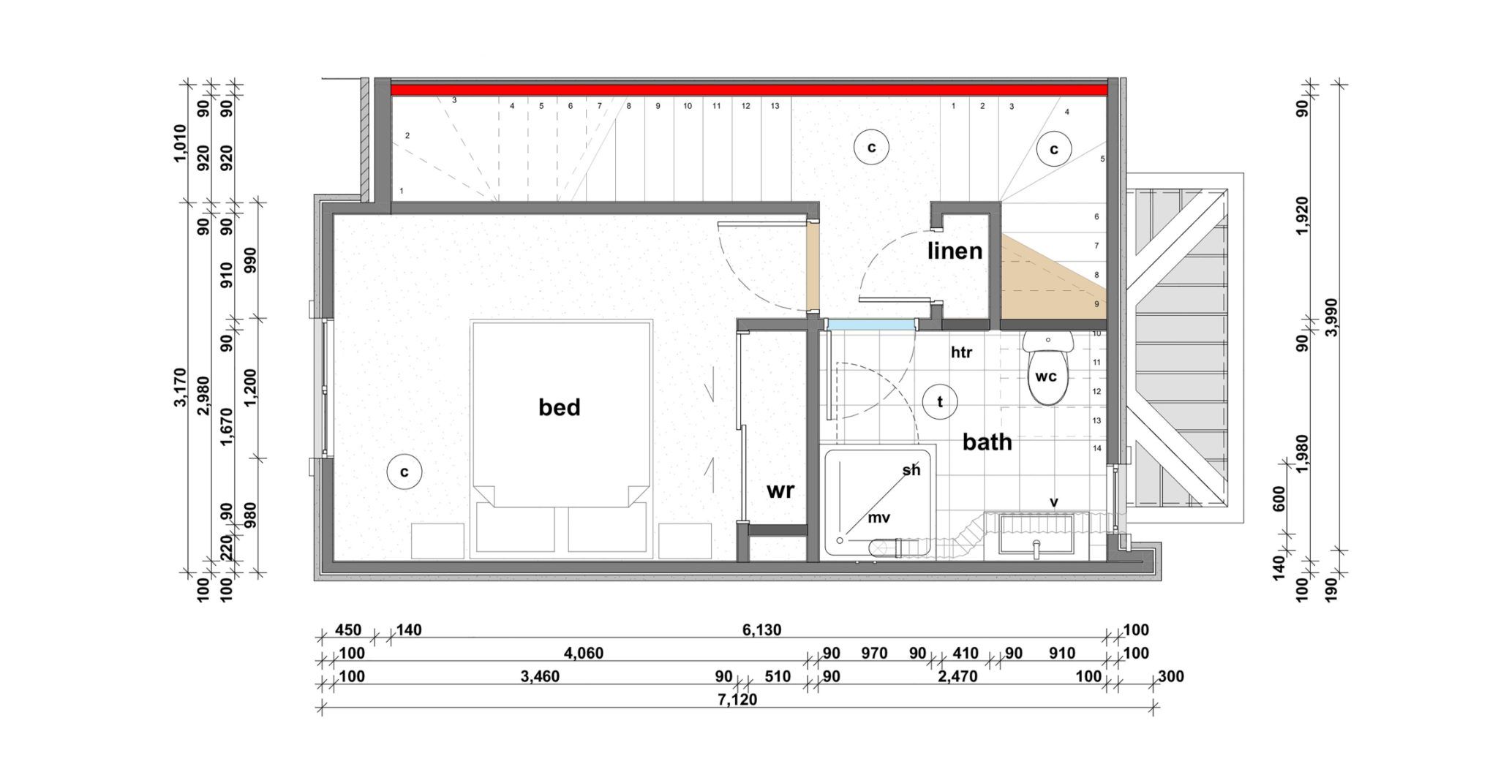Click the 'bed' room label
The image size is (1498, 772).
559,407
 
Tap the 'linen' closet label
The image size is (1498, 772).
955,251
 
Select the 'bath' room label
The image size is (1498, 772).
987,442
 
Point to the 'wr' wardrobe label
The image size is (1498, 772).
780,491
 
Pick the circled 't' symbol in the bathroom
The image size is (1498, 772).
940,401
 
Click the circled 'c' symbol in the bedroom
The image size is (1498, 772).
404,472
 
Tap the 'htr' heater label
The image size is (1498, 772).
961,352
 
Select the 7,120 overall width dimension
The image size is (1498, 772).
737,700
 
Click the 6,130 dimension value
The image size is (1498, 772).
761,630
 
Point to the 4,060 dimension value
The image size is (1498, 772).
584,654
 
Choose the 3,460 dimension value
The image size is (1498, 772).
540,677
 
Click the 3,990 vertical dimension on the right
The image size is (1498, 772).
1331,317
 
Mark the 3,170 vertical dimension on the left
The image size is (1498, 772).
181,387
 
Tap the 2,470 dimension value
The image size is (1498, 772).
957,677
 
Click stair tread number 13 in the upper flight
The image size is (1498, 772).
775,106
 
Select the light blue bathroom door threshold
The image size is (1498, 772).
870,325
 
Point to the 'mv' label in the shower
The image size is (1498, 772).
878,518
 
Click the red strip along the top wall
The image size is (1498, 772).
749,90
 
